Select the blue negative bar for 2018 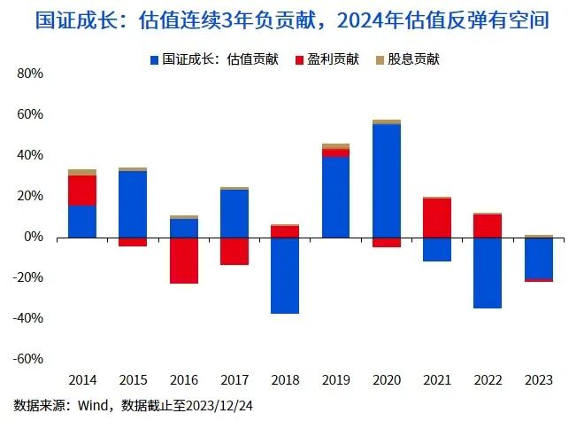tap(284, 276)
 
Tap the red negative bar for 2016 tap(183, 261)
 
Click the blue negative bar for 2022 tap(488, 273)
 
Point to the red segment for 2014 tap(82, 191)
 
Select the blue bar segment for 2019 tap(335, 197)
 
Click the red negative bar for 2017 tap(234, 251)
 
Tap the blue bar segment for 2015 tap(133, 204)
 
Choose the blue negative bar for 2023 tap(538, 258)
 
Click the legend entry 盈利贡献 tap(334, 59)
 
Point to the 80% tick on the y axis tap(30, 74)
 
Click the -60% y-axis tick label tap(28, 359)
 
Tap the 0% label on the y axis tap(34, 237)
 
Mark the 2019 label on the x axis tap(335, 380)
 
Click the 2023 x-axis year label tap(538, 380)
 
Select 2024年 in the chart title tap(375, 19)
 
